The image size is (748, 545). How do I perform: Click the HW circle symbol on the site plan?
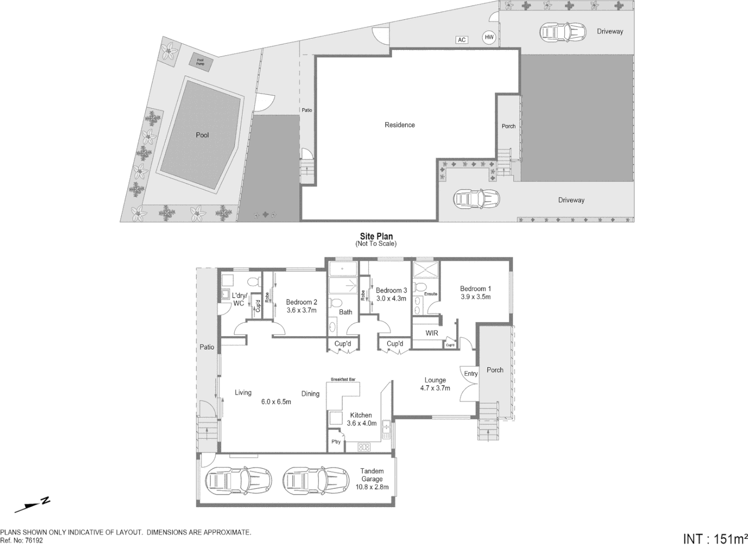click(489, 37)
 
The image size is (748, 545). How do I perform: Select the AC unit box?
click(461, 40)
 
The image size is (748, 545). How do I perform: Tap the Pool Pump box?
click(200, 62)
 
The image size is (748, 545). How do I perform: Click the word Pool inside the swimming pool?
click(202, 135)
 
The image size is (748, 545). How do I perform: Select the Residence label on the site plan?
click(399, 125)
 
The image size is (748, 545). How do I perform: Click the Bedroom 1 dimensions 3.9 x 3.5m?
click(475, 297)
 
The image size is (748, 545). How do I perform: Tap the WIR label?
click(432, 333)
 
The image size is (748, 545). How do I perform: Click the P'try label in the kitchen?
click(336, 442)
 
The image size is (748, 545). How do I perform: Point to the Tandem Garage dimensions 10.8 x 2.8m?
click(371, 487)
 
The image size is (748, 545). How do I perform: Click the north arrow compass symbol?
click(32, 504)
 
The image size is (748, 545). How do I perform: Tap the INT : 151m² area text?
click(715, 538)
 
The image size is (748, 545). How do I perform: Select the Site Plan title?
click(376, 236)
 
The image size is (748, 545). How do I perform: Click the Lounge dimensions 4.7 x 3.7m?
click(435, 388)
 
